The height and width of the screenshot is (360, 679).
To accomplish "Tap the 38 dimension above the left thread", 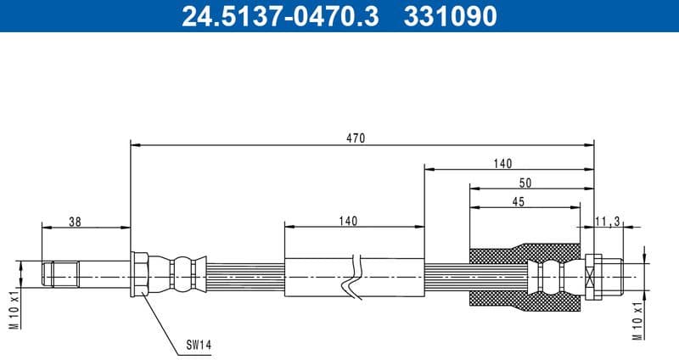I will (x=75, y=222).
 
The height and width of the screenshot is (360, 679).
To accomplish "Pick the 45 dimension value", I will (x=519, y=201).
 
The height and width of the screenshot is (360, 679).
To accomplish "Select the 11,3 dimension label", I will (x=608, y=222).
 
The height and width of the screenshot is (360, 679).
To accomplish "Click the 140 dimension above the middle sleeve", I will (x=347, y=221).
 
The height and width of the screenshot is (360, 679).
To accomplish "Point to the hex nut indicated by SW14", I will (x=141, y=274).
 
